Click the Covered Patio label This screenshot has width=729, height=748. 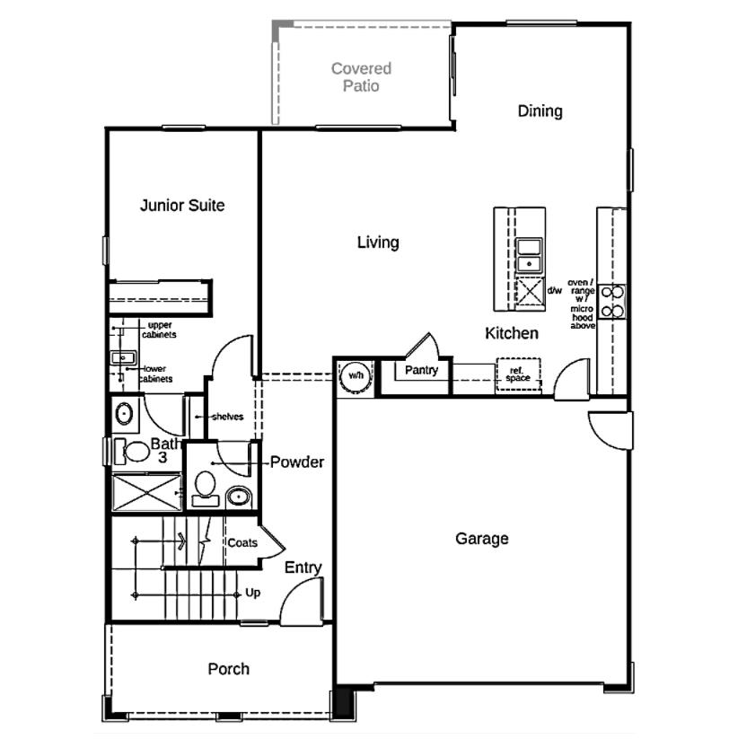coord(361,77)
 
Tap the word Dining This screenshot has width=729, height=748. coord(540,111)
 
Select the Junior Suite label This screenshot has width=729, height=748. coord(182,206)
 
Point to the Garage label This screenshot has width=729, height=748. coord(481,539)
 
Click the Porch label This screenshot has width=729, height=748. coord(228,669)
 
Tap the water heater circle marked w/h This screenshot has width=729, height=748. coord(354,374)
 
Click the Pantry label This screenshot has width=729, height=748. coord(420,370)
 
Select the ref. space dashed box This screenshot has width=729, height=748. coord(520,375)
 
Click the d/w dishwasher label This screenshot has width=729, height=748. coord(554,290)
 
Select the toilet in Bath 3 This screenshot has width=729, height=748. coord(136,452)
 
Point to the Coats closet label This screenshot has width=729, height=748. coord(242,543)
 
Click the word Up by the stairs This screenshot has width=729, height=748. coord(254,594)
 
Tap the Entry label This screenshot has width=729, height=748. coord(303,568)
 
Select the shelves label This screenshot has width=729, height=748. coord(226,418)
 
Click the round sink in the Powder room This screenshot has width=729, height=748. coord(239,496)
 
